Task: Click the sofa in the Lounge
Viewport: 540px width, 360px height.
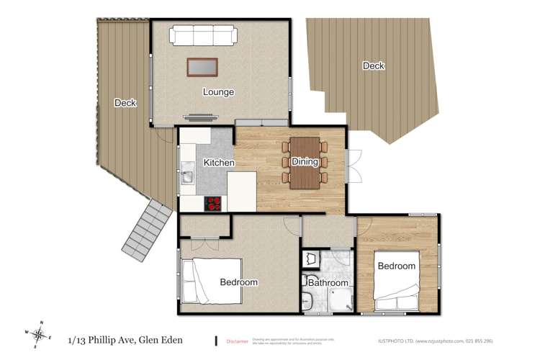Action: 202,35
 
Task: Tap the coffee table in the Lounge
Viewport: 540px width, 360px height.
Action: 202,67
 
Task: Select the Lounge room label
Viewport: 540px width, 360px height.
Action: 218,92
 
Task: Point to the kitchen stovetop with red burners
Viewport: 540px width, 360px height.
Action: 214,204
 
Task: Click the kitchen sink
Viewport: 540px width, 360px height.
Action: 187,174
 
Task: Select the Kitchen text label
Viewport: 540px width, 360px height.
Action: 218,163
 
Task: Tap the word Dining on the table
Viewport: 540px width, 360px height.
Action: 305,162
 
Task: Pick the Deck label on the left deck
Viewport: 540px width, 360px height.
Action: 125,103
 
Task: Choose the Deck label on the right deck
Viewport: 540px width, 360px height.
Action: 373,66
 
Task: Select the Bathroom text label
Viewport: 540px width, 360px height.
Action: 328,283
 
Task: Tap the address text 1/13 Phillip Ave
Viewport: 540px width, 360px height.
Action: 125,340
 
